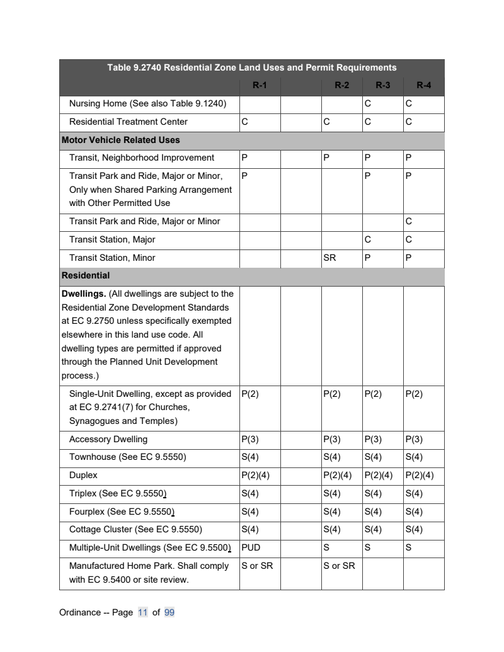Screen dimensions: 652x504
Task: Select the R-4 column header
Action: [423, 86]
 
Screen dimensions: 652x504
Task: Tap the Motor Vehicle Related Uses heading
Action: [120, 140]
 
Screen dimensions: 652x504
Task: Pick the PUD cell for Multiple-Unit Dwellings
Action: [251, 547]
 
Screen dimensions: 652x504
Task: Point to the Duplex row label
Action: [83, 475]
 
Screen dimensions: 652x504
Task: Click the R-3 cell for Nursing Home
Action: [367, 103]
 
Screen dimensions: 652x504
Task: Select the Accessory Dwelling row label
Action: [108, 439]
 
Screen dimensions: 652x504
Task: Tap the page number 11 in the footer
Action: [143, 612]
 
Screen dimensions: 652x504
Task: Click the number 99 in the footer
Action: [169, 612]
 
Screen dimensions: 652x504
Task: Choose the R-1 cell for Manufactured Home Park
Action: [257, 566]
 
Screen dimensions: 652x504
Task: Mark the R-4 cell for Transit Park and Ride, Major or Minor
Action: [409, 221]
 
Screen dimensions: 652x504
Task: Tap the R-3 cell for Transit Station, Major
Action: [367, 239]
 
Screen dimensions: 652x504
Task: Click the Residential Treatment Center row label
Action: [128, 122]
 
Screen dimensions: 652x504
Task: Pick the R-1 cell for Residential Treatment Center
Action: [244, 122]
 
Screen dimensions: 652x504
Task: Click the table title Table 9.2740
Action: [251, 67]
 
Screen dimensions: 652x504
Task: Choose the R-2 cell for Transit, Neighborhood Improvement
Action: [326, 157]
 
